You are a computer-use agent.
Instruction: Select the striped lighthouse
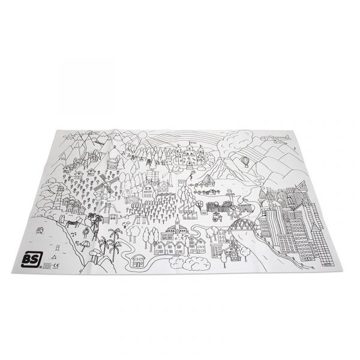59,190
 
